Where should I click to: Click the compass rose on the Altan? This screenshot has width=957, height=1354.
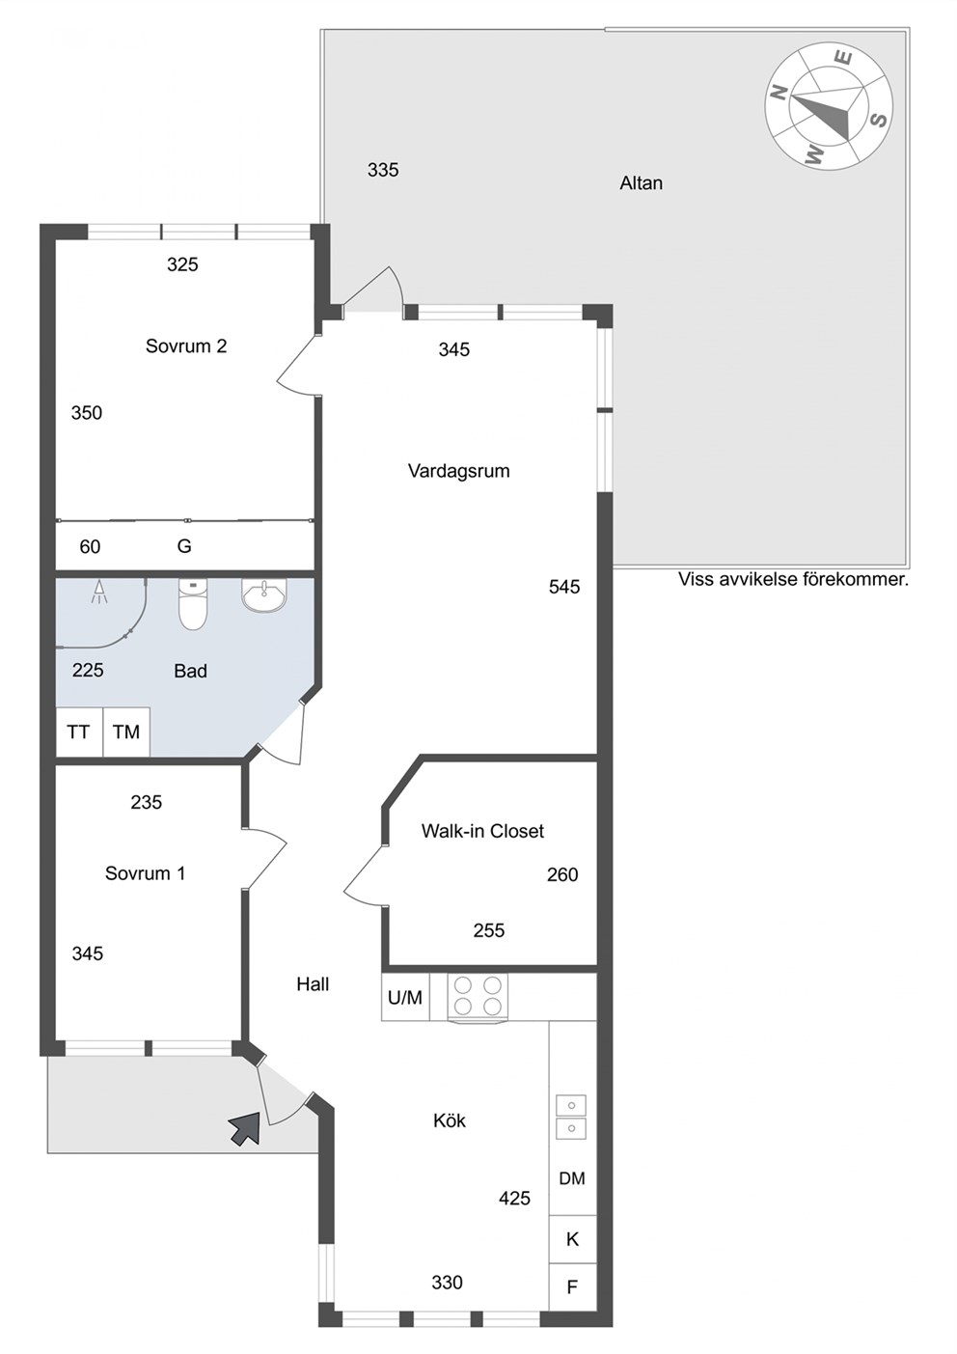pyautogui.click(x=829, y=107)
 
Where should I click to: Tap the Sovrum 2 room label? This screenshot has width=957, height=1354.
pyautogui.click(x=186, y=345)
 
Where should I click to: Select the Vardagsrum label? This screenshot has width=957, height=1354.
pyautogui.click(x=458, y=471)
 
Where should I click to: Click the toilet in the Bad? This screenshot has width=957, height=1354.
pyautogui.click(x=193, y=604)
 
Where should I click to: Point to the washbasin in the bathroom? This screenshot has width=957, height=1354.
pyautogui.click(x=264, y=595)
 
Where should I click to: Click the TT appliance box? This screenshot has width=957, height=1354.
pyautogui.click(x=79, y=732)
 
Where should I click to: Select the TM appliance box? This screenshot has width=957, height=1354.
pyautogui.click(x=126, y=732)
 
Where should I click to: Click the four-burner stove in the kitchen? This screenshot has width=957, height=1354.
pyautogui.click(x=478, y=997)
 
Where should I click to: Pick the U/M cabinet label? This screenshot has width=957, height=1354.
pyautogui.click(x=405, y=997)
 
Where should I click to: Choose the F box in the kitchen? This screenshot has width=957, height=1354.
pyautogui.click(x=572, y=1287)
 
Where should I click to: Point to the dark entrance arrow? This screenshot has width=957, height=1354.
pyautogui.click(x=245, y=1128)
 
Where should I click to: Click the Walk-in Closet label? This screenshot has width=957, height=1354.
pyautogui.click(x=482, y=831)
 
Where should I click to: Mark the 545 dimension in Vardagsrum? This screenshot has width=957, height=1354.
pyautogui.click(x=564, y=587)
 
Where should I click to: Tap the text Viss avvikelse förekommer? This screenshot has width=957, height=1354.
pyautogui.click(x=793, y=579)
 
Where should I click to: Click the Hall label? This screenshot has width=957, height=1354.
pyautogui.click(x=313, y=984)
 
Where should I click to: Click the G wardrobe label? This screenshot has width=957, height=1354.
pyautogui.click(x=184, y=546)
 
